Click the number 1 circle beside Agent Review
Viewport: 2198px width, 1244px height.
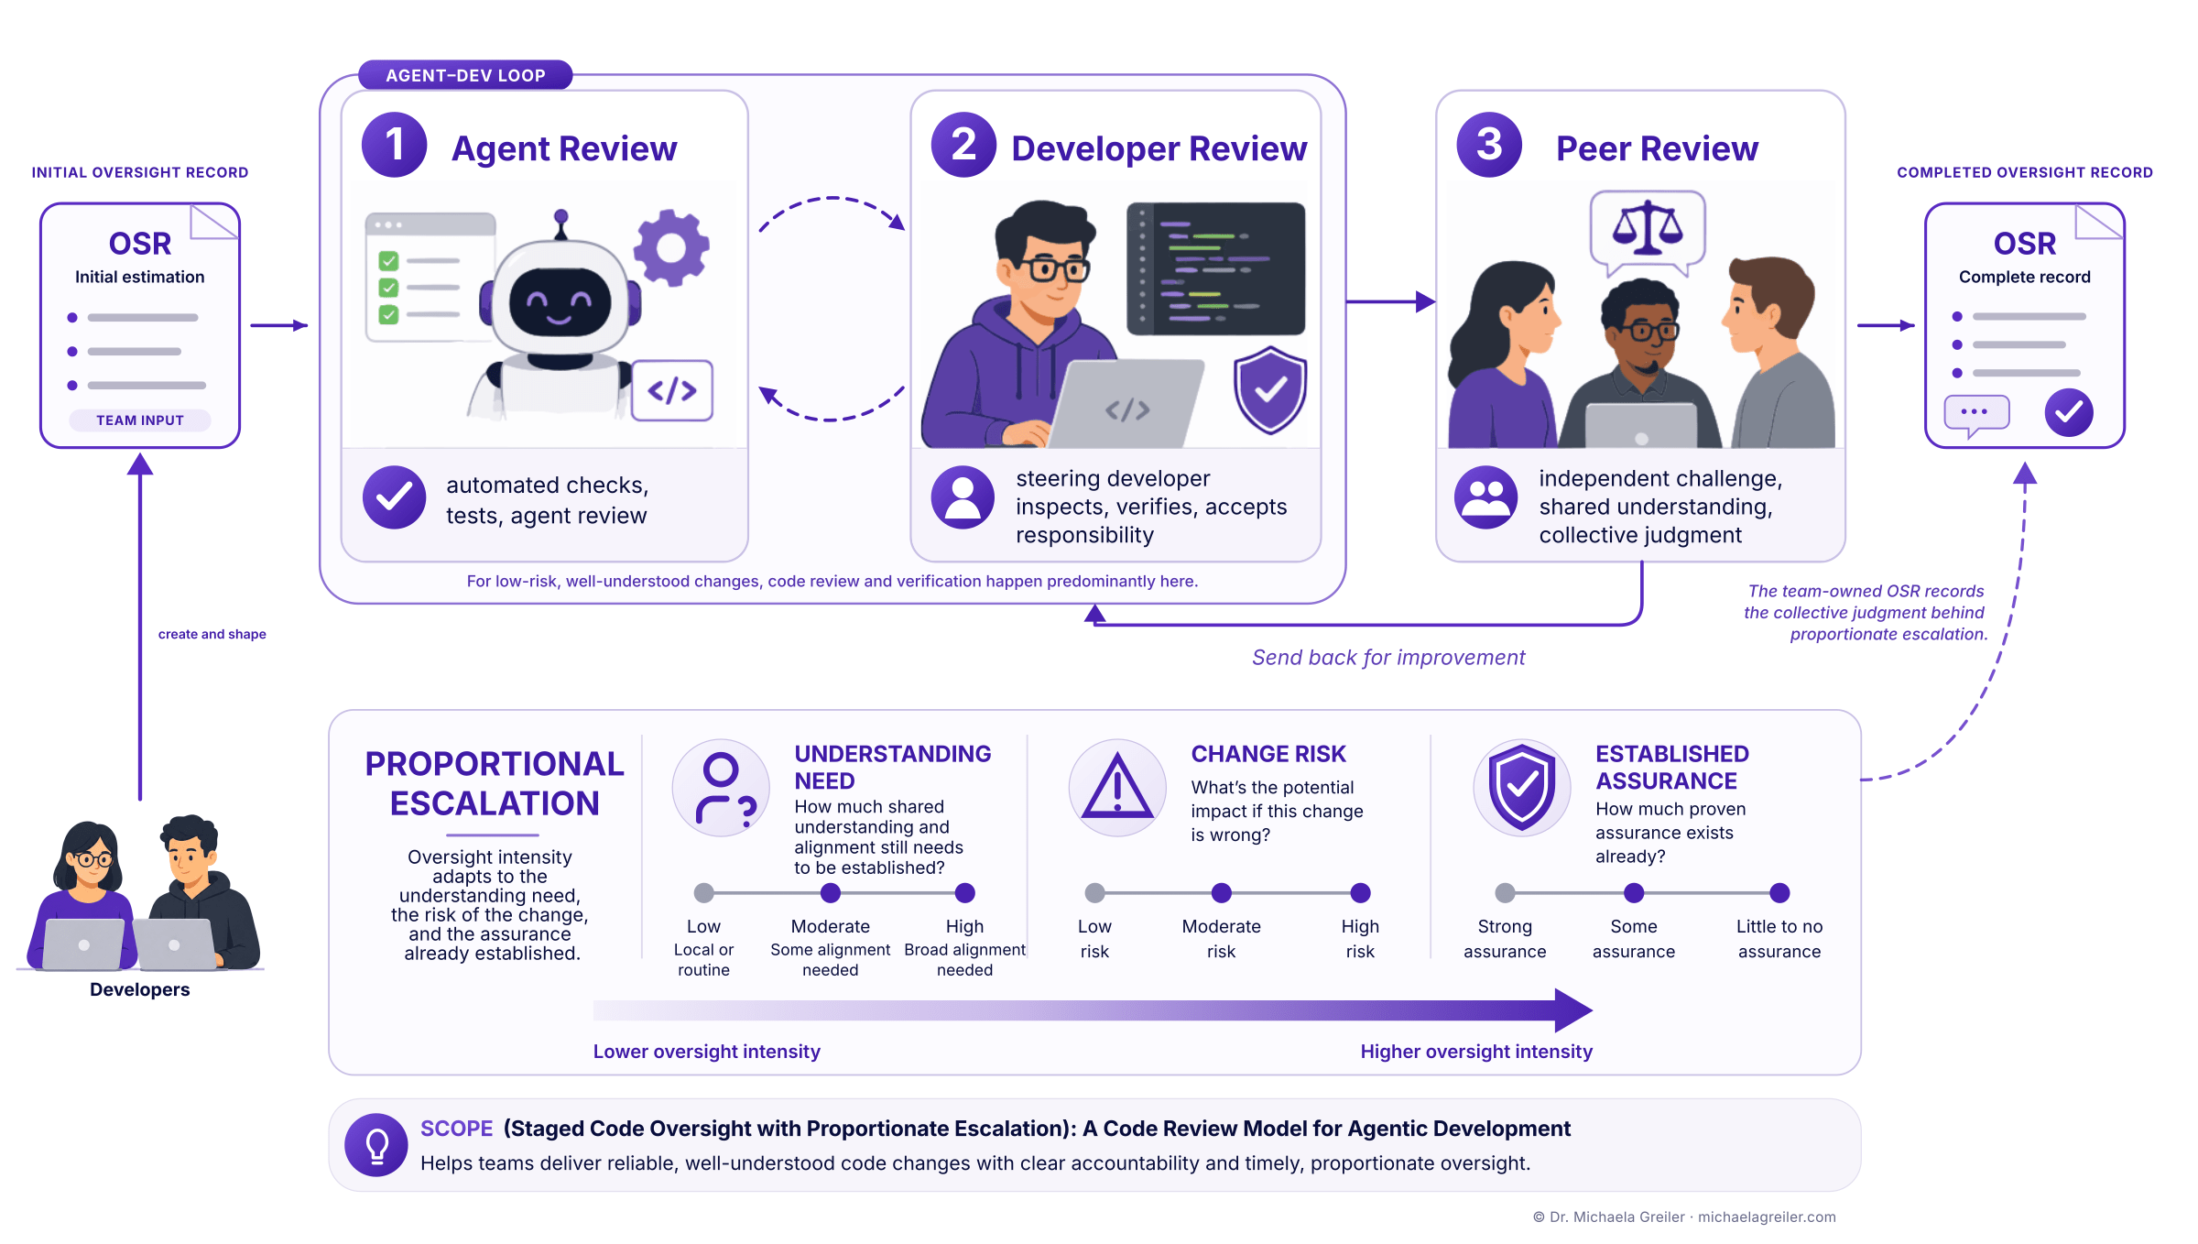coord(394,145)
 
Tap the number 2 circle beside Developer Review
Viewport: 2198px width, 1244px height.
coord(963,145)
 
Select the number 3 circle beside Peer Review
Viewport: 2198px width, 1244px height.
coord(1489,145)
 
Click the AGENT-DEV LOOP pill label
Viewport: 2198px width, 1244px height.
coord(465,75)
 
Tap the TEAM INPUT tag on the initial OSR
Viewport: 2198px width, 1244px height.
coord(140,420)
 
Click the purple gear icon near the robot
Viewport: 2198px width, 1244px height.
coord(671,247)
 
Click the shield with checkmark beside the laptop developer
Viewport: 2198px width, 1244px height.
coord(1269,389)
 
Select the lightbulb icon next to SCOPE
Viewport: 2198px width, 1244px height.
coord(376,1145)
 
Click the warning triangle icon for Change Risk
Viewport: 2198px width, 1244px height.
coord(1117,788)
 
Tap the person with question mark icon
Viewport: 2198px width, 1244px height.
coord(722,788)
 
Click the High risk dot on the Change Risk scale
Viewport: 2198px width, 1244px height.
coord(1360,893)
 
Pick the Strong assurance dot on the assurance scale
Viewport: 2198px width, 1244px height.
coord(1505,893)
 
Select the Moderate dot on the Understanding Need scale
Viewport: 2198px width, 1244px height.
coord(831,893)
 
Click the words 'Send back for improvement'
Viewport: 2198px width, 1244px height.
coord(1388,658)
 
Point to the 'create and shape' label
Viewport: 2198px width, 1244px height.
coord(212,634)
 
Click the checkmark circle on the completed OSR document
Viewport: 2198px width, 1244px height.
coord(2069,412)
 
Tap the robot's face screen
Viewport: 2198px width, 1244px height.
coord(560,302)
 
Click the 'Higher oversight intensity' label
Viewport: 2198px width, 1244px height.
coord(1476,1052)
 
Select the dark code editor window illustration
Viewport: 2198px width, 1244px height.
coord(1216,268)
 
